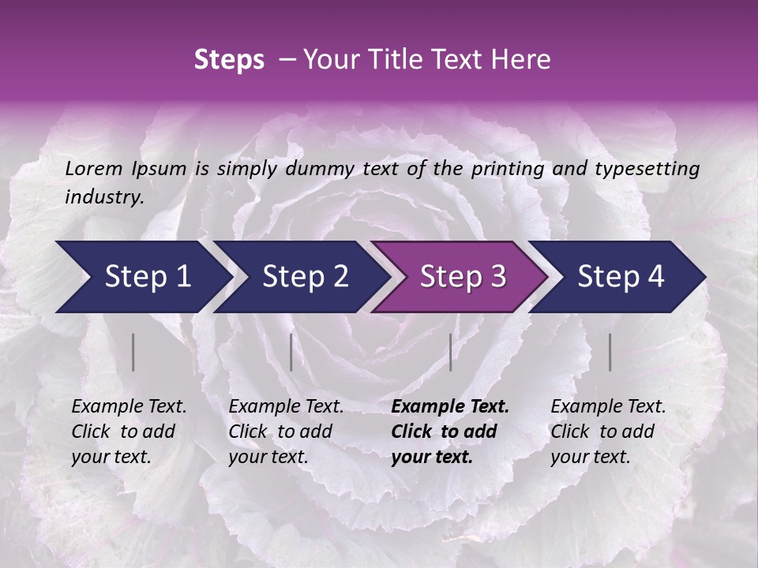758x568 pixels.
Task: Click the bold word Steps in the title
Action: [229, 60]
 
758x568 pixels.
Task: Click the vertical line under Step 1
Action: [133, 352]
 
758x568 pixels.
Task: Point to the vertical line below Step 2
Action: [291, 352]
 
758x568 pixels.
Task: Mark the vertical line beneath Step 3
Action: [450, 352]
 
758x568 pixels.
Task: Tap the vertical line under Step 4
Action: [610, 352]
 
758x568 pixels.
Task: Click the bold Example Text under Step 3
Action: [450, 407]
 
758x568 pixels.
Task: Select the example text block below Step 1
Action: [129, 432]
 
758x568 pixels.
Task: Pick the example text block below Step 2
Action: [286, 432]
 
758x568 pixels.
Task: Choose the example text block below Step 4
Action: [608, 432]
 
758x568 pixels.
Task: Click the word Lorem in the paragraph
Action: [93, 168]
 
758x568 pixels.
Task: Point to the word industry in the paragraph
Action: [104, 197]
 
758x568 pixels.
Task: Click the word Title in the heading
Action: [401, 60]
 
